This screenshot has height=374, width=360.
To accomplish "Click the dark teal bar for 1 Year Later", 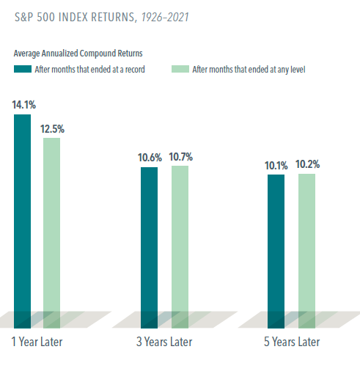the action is tap(22, 221).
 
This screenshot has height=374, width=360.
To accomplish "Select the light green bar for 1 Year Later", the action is tap(51, 233).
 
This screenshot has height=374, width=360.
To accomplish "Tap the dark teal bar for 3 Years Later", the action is tap(149, 248).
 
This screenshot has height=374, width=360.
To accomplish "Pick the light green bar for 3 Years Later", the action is tap(180, 247).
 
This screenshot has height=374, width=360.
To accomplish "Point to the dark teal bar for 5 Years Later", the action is tap(276, 252).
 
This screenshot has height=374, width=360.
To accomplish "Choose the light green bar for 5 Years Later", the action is tap(306, 251).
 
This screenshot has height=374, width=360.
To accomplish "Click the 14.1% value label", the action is tap(24, 105).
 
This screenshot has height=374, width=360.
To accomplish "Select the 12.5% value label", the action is tap(52, 129).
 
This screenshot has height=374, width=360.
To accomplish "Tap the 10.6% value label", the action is tap(150, 158).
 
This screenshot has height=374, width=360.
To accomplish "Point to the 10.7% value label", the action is tap(181, 157).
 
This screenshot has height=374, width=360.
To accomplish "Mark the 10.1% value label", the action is tap(276, 166).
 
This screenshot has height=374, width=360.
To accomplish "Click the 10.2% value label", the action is tap(308, 164).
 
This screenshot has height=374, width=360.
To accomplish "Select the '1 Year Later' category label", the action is tap(37, 342).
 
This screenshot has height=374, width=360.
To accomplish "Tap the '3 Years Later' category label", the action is tap(164, 342).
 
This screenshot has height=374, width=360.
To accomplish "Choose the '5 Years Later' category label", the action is tap(292, 342).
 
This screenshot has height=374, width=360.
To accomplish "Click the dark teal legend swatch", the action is tap(23, 69).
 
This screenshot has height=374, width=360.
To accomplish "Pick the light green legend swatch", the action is tap(180, 69).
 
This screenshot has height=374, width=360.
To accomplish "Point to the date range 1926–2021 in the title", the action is tap(165, 17).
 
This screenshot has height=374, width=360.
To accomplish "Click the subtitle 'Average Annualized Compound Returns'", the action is tap(78, 54).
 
